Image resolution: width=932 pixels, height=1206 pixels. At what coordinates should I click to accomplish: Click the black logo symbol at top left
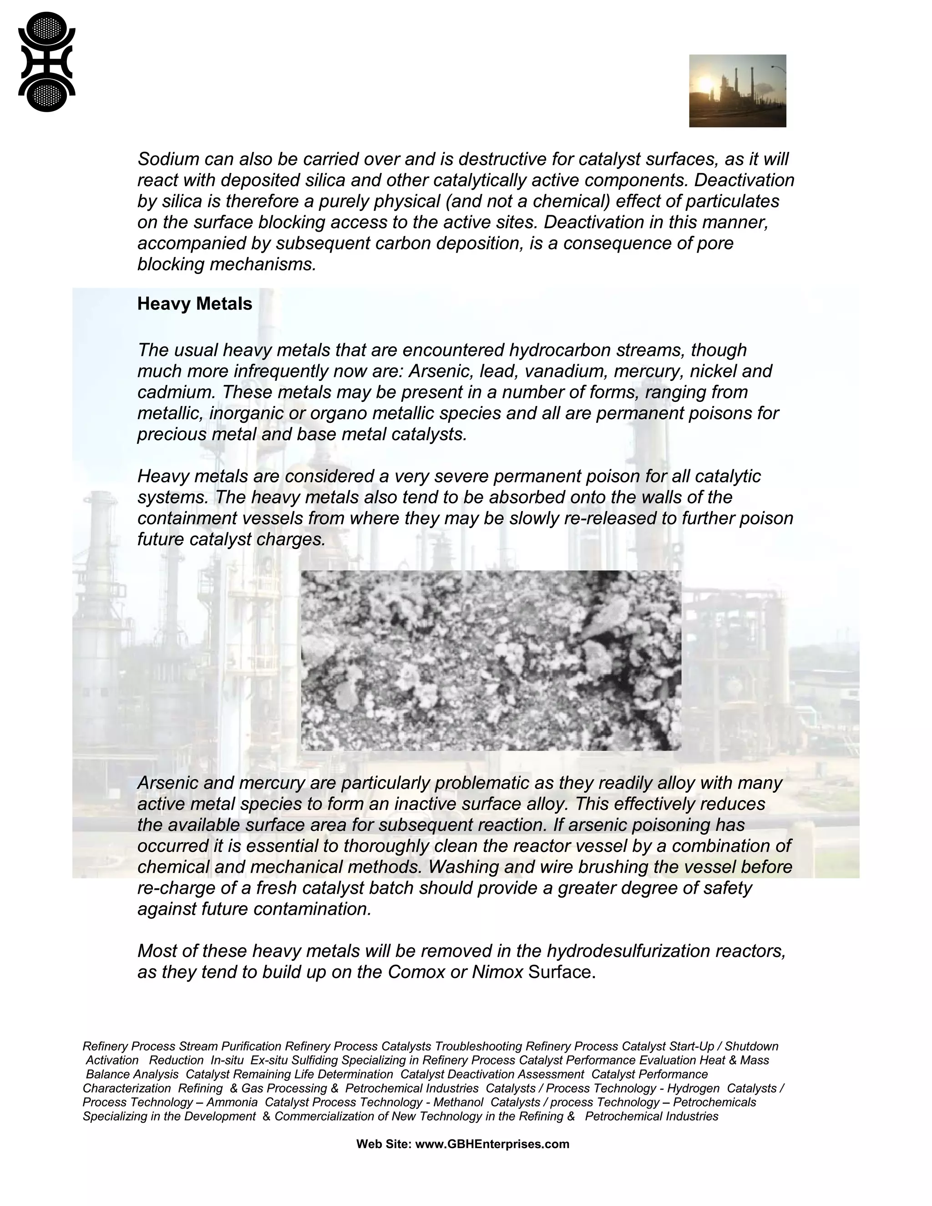46,62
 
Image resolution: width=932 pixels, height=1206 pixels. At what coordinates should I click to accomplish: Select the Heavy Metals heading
194,304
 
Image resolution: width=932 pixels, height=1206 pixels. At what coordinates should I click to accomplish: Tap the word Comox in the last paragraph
416,972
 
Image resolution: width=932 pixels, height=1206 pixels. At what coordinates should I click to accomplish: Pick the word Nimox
497,972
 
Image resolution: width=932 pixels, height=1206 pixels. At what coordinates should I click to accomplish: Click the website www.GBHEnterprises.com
491,1144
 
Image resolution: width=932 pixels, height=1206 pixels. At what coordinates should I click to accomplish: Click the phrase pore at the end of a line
716,243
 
